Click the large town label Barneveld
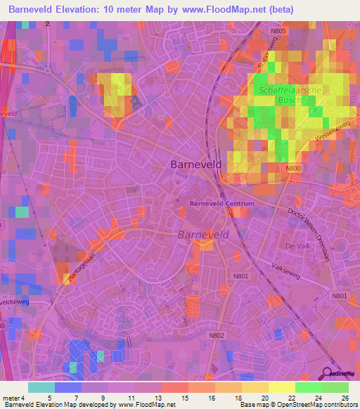pos(196,164)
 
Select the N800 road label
pos(294,169)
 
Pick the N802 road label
pos(216,336)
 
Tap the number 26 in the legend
pos(344,397)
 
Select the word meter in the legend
pos(10,397)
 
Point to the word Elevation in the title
pos(82,9)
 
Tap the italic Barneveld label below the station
pos(200,234)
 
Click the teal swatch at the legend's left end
pos(41,387)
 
